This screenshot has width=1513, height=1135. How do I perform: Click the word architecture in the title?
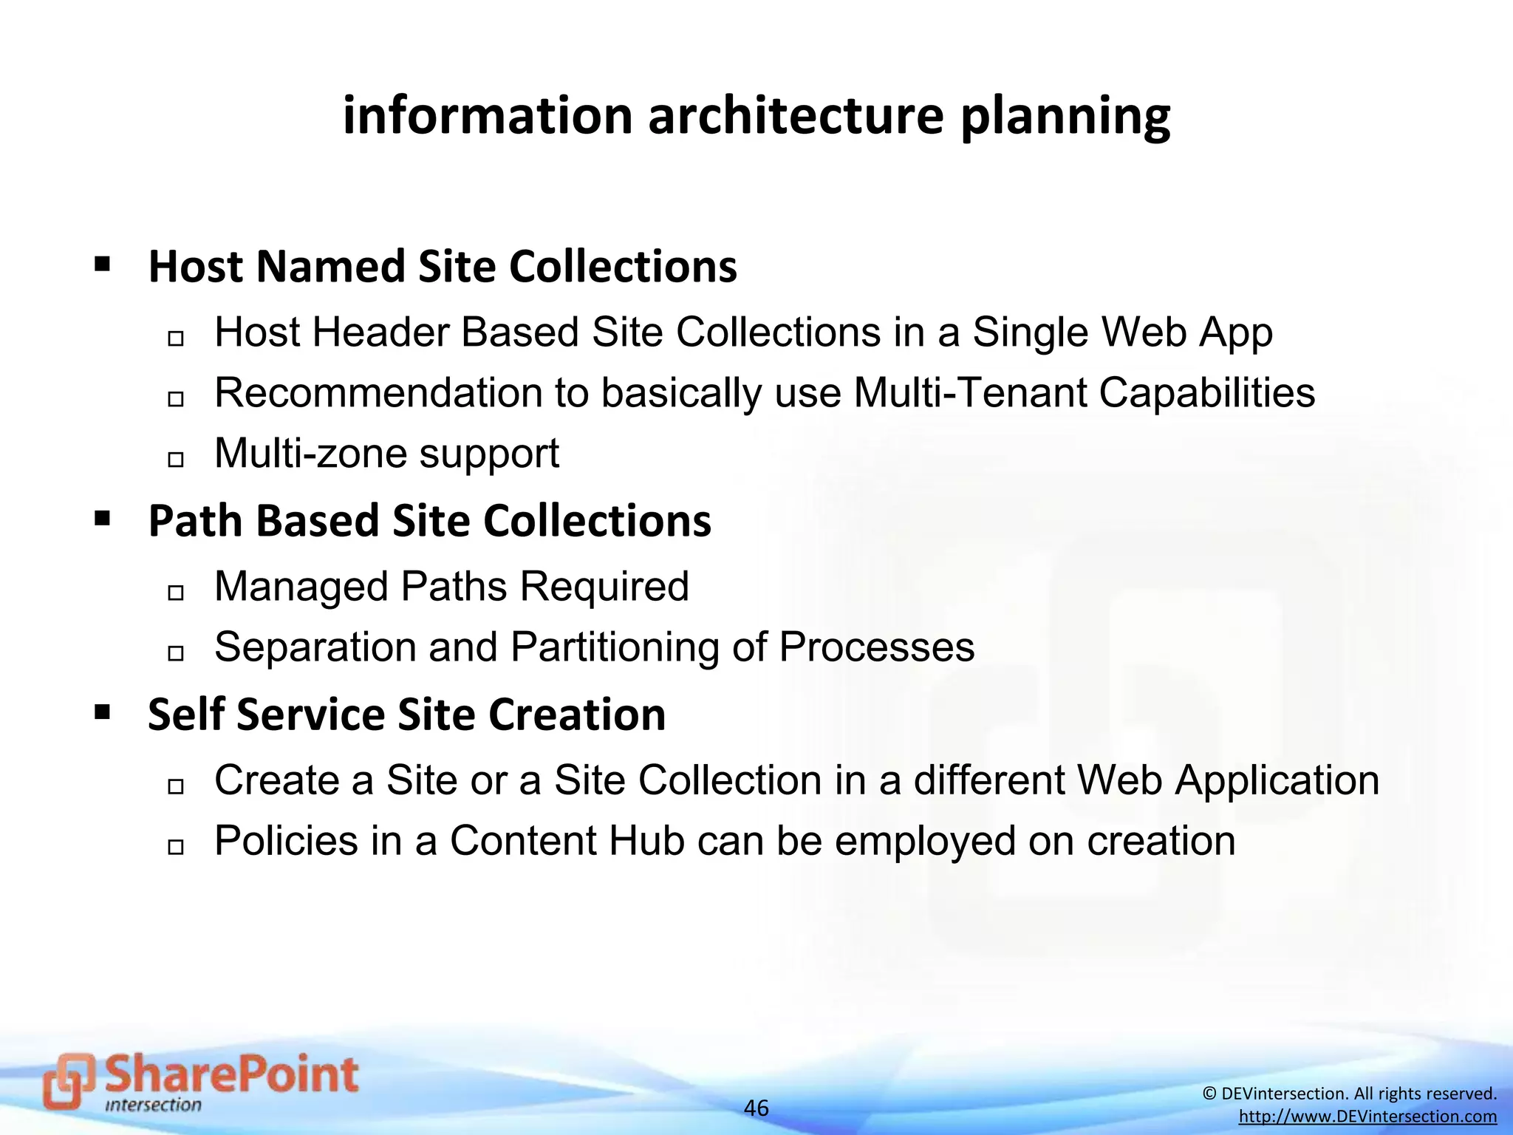(796, 116)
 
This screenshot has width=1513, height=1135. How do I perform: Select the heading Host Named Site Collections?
(442, 267)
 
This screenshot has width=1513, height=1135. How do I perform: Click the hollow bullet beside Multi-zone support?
(175, 460)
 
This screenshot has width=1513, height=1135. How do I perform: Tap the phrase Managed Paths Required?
(451, 587)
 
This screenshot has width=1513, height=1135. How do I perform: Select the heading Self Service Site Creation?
(406, 715)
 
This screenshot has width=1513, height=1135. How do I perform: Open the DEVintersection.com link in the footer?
(1367, 1117)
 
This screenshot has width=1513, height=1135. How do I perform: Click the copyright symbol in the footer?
(1210, 1094)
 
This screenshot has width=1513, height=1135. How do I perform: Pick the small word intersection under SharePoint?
(153, 1105)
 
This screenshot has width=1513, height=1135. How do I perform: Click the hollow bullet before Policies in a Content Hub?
(175, 848)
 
